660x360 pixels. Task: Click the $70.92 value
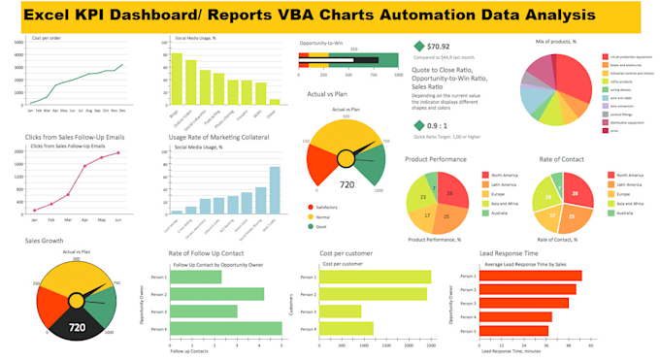tap(439, 46)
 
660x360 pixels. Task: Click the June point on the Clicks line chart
tap(118, 152)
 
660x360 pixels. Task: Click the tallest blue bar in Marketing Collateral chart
tap(275, 190)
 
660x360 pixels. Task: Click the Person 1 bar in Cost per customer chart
tap(375, 278)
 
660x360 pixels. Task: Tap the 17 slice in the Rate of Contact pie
tap(551, 215)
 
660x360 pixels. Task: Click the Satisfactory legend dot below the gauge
tap(310, 207)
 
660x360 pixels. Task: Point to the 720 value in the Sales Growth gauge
tap(77, 328)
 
